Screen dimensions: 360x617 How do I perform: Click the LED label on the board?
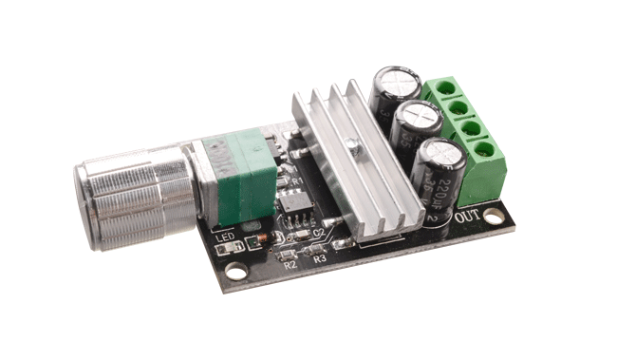coord(225,237)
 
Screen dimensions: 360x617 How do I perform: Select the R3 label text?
coord(319,257)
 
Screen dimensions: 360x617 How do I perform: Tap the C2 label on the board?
coord(319,232)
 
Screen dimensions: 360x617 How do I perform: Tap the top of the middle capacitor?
coord(418,117)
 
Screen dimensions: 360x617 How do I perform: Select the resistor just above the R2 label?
coord(281,254)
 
